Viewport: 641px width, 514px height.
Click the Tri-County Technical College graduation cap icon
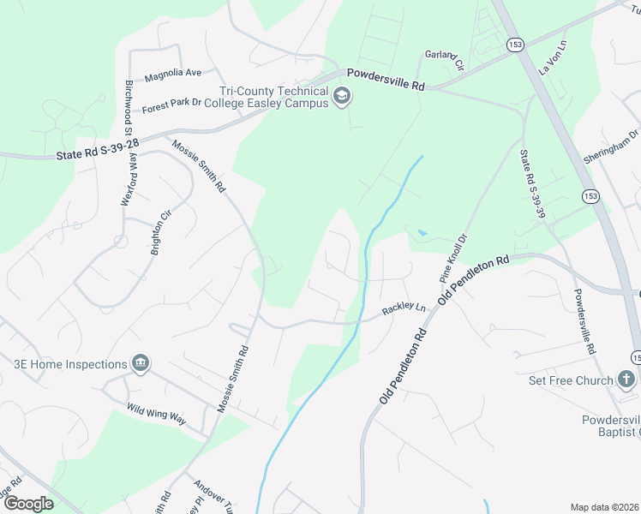pos(342,95)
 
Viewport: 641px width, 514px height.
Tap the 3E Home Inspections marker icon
pos(141,364)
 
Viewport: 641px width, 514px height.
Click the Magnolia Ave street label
pos(172,74)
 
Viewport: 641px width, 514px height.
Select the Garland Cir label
pos(444,58)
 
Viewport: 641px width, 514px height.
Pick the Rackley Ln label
pos(404,308)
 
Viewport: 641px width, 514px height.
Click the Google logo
pos(28,504)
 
